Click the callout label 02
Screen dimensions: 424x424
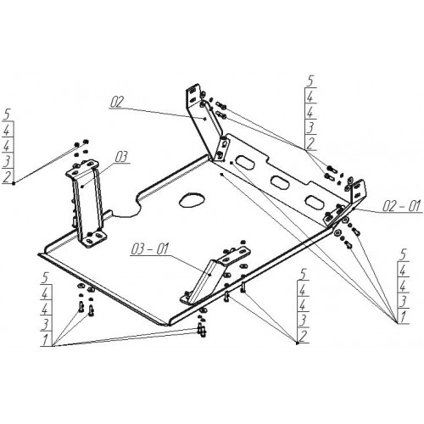[117, 102]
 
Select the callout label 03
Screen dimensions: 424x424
[121, 157]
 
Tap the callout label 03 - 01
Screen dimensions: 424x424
[150, 249]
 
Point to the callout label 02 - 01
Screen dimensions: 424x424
[402, 206]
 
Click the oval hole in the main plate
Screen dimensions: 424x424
[192, 200]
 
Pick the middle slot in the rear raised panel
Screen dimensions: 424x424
[280, 181]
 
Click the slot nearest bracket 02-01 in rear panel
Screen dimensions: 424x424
[314, 201]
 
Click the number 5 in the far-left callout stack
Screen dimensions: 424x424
[7, 115]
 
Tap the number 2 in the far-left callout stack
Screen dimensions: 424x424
[8, 177]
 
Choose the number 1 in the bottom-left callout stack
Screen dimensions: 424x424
[46, 339]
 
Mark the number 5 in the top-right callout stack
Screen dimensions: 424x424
[310, 81]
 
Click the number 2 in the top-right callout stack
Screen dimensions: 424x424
[310, 143]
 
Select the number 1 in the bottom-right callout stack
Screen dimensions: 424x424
[403, 317]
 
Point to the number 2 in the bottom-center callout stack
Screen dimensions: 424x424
[303, 337]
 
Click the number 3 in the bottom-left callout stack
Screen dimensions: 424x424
[46, 325]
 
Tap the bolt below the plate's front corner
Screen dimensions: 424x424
[202, 330]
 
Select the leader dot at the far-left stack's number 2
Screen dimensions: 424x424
[14, 184]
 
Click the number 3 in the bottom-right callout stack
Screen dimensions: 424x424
[403, 302]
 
